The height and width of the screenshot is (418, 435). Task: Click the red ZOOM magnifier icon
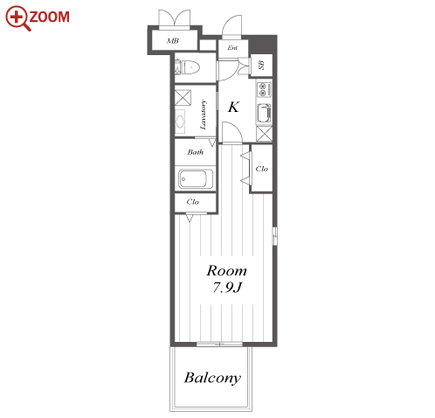point(17,17)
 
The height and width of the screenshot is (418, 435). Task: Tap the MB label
point(172,40)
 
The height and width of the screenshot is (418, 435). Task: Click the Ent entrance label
point(232,47)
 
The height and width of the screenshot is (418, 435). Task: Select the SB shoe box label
point(261,65)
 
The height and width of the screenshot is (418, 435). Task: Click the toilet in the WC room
point(187,67)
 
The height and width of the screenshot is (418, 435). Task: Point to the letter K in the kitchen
point(233,107)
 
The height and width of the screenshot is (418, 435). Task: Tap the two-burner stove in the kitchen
point(264,89)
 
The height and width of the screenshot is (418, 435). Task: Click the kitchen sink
point(264,114)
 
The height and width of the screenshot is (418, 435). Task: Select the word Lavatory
point(203,115)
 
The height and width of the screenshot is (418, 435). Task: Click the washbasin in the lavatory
point(180,122)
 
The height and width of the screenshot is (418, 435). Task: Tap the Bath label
point(196,152)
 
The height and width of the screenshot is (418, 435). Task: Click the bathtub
point(196,178)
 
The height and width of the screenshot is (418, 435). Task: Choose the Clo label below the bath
point(193,202)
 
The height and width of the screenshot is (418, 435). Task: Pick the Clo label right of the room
point(261,169)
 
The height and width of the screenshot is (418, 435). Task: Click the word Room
point(226,271)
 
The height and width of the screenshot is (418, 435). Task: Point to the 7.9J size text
point(227,288)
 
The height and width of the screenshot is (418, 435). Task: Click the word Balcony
point(212,378)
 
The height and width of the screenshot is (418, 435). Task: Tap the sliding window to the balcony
point(219,344)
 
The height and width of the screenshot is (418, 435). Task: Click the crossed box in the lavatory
point(183,97)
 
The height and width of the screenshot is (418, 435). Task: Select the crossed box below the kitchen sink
point(265,134)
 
